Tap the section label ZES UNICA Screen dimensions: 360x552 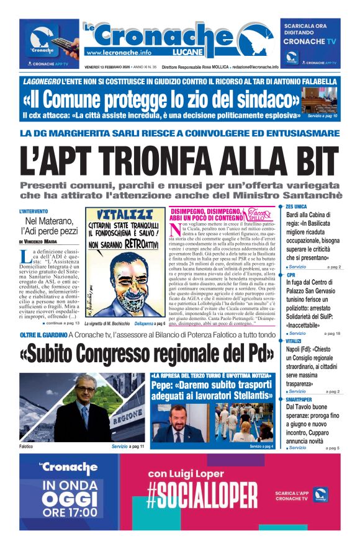tap(296, 207)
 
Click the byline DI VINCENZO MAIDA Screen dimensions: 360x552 tap(42, 241)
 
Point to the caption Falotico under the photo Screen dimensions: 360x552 tap(28, 446)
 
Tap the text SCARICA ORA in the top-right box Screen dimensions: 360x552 tap(305, 26)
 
